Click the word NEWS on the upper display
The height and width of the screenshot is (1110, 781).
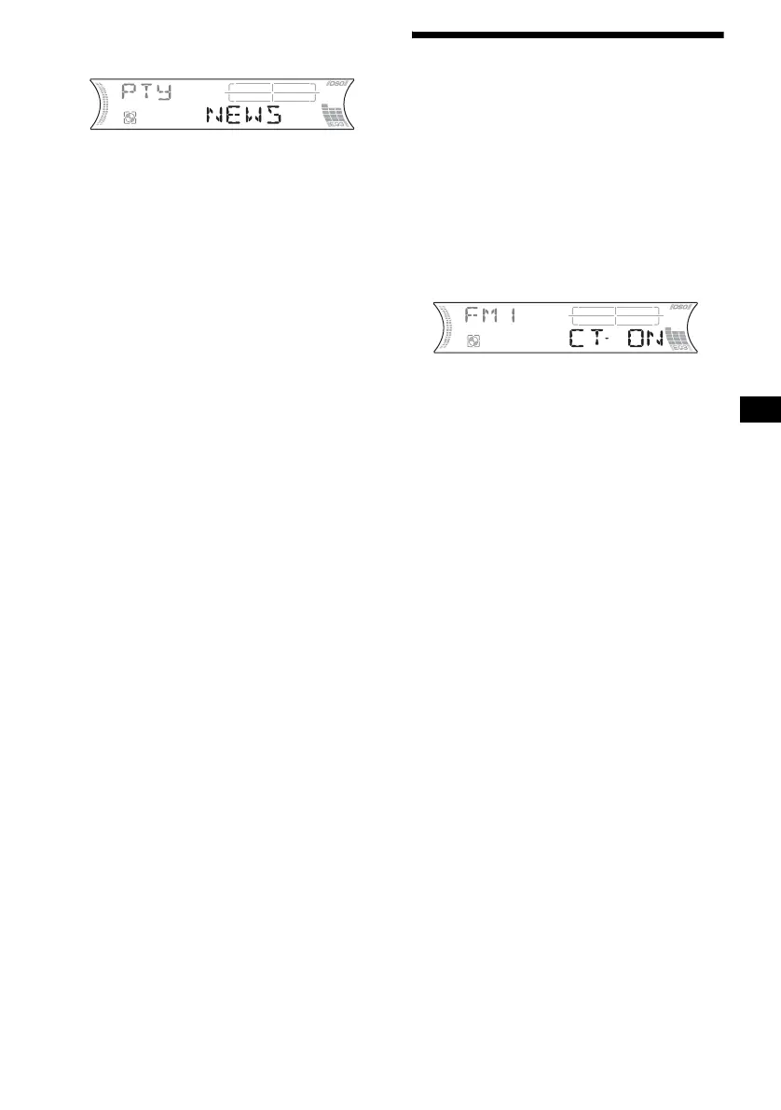tap(244, 117)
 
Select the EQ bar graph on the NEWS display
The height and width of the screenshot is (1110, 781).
tap(333, 116)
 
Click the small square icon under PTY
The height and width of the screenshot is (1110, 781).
tap(130, 118)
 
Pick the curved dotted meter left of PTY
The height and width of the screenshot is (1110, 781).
tap(103, 104)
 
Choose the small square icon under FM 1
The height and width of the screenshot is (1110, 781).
tap(474, 341)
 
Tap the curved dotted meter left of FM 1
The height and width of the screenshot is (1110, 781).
tap(448, 327)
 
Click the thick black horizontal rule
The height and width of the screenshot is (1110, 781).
tap(568, 35)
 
